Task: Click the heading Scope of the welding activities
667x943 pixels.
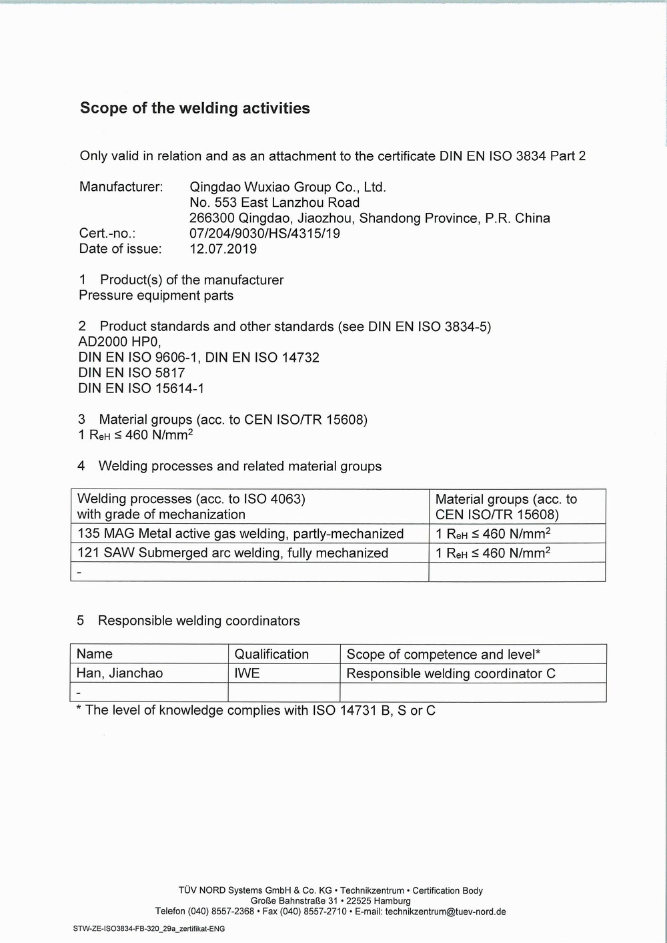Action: click(195, 108)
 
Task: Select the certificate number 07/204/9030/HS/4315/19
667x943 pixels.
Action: click(264, 234)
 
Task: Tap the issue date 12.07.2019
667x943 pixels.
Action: click(223, 249)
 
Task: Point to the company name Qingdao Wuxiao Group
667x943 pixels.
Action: click(287, 187)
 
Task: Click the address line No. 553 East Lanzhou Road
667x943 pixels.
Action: click(274, 202)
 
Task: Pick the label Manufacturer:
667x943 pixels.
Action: click(121, 187)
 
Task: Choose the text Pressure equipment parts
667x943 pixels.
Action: click(156, 295)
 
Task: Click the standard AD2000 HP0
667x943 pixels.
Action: click(119, 342)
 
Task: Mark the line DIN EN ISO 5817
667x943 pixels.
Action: click(131, 372)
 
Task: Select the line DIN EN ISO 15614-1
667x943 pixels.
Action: click(141, 388)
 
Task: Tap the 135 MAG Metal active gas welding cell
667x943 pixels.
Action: click(240, 533)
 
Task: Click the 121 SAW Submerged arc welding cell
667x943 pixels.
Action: click(232, 553)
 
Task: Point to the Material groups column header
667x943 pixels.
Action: click(506, 507)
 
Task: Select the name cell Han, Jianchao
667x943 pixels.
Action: click(119, 673)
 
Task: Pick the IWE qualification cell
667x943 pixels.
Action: click(247, 673)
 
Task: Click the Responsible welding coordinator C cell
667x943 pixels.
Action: click(451, 673)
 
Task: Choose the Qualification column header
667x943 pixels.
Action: click(271, 654)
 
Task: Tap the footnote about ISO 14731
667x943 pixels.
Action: click(256, 710)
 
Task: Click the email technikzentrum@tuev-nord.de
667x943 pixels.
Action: click(445, 912)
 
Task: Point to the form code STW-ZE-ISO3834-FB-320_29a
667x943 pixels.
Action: click(149, 928)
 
